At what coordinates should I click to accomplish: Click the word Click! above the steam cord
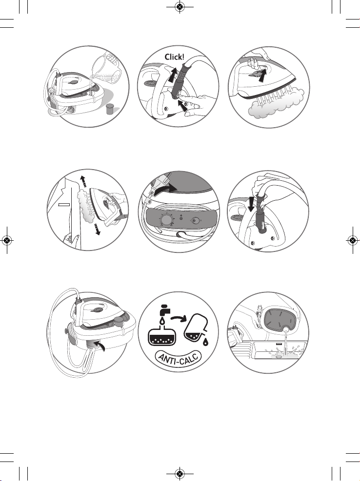175,57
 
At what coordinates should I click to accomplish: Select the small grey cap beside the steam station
110,109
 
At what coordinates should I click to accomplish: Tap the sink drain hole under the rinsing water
278,356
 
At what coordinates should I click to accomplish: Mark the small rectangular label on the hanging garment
64,204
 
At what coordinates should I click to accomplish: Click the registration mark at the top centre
180,6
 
